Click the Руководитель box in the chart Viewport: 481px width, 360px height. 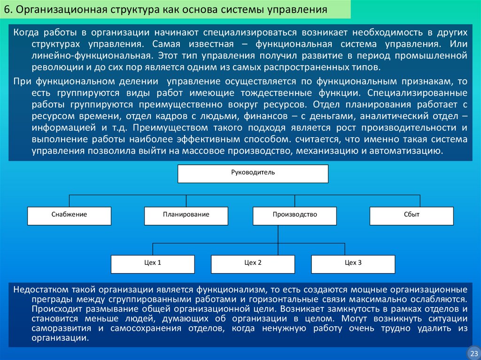pos(253,173)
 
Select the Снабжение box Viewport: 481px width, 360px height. pos(69,215)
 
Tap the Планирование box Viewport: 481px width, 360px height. pos(186,215)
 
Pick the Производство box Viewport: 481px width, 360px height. pos(295,215)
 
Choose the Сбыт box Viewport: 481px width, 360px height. pos(411,215)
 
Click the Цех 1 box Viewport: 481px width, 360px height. pos(153,263)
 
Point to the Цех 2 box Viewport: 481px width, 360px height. pos(253,263)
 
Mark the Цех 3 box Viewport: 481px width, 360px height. pos(353,263)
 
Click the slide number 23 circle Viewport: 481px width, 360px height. pos(473,352)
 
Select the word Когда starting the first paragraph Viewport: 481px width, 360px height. pos(26,33)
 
